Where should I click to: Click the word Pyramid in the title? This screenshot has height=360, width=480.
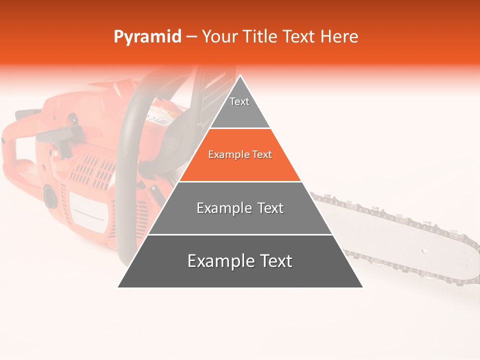point(147,37)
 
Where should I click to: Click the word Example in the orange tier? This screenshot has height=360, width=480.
point(224,155)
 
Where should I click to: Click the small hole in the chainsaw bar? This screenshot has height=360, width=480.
point(424,249)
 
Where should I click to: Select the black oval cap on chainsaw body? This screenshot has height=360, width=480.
point(50,195)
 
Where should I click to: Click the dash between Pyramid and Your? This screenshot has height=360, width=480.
point(191,37)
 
